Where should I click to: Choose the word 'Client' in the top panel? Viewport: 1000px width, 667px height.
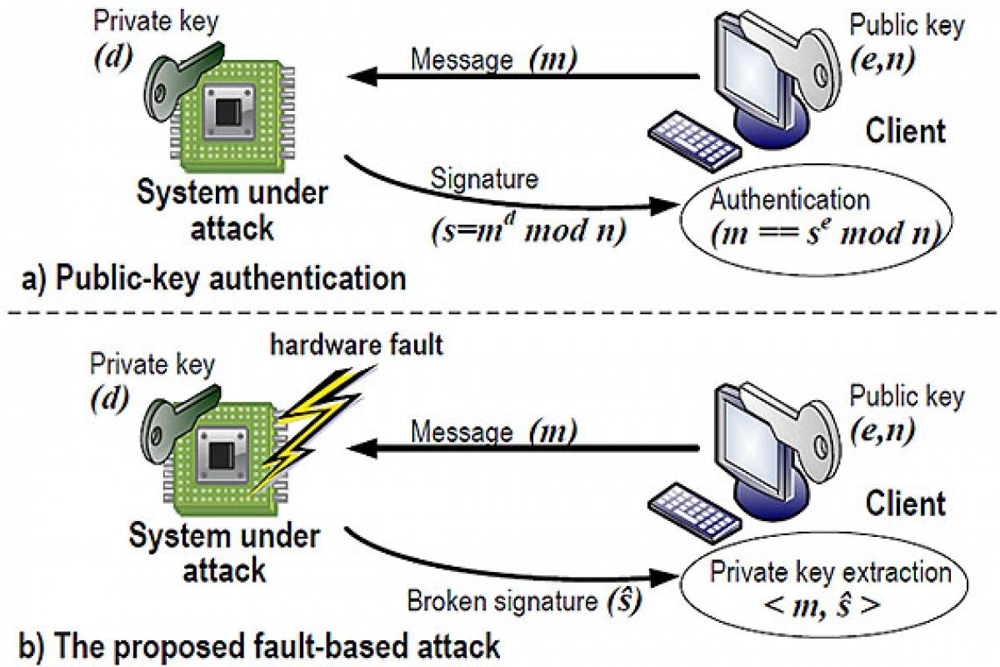[905, 131]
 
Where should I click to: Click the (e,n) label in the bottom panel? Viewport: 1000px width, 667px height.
[883, 430]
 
